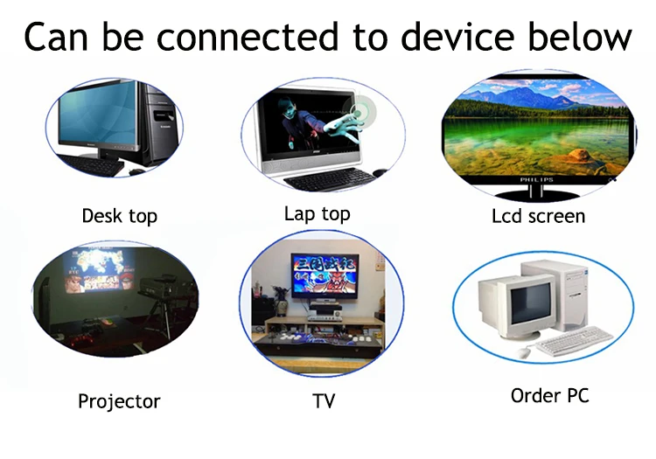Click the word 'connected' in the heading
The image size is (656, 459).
248,37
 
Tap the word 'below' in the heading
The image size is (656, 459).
580,37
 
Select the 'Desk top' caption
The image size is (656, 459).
120,217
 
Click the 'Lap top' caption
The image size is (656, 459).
318,214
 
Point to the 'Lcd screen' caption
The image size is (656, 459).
539,217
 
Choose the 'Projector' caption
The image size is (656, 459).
119,401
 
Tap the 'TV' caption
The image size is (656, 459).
324,401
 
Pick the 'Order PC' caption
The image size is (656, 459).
550,396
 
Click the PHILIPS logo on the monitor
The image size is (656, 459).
537,180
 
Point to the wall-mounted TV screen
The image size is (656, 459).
325,275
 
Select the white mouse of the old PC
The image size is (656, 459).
523,352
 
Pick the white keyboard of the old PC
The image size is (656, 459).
573,341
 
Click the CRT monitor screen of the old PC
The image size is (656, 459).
531,303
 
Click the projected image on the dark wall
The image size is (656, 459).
99,269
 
